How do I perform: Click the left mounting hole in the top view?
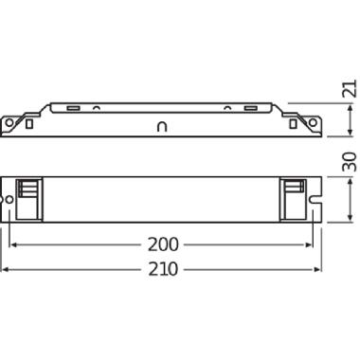[12, 200]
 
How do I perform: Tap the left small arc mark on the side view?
[97, 107]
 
